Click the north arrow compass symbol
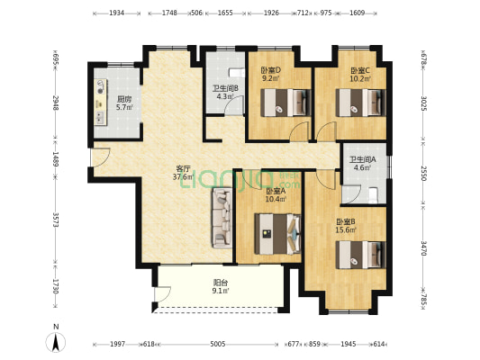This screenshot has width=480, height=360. click(56, 342)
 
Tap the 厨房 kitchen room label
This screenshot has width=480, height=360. click(124, 99)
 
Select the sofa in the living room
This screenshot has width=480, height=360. click(222, 218)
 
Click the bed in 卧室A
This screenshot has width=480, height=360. click(277, 234)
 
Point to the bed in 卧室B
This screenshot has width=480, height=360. click(360, 255)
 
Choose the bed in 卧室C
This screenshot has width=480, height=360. click(360, 103)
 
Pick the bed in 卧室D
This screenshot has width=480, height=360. click(285, 103)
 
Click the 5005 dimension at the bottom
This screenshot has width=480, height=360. click(218, 345)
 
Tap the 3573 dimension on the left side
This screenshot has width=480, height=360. click(56, 220)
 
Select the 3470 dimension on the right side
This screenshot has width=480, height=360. click(423, 248)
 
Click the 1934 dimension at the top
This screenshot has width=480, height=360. click(117, 13)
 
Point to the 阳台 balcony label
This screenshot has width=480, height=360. click(220, 283)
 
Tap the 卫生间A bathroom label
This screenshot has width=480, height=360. click(363, 159)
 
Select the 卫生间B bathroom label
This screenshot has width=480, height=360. click(226, 89)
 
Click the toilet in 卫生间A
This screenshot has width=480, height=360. click(373, 195)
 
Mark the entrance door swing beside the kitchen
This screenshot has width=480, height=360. click(101, 157)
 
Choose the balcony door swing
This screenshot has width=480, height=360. click(162, 294)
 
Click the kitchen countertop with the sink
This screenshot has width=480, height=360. click(101, 103)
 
